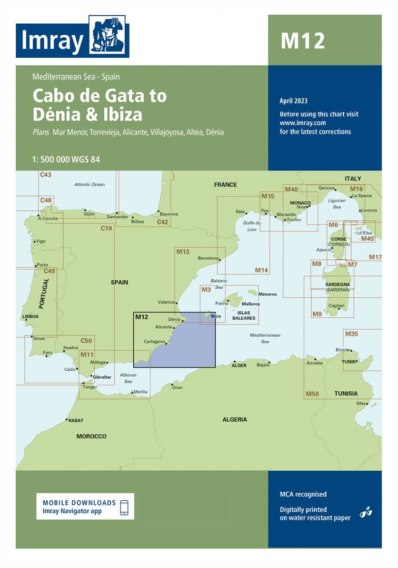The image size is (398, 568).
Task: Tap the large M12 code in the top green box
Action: (302, 40)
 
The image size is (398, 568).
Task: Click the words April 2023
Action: (294, 101)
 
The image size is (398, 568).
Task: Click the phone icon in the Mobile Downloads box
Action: (125, 507)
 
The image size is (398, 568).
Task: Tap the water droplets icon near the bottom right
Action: (366, 511)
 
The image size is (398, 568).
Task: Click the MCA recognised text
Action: (303, 494)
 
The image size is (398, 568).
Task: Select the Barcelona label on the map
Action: (208, 258)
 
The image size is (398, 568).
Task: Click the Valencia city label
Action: (166, 302)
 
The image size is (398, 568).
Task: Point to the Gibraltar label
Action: (102, 378)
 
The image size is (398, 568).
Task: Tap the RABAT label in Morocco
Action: (75, 421)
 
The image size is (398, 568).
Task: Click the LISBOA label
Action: (31, 317)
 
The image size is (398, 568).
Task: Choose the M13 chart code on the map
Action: (183, 252)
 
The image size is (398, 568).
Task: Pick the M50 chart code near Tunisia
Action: (312, 394)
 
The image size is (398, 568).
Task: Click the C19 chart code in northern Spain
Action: (106, 228)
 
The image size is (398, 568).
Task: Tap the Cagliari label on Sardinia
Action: (336, 306)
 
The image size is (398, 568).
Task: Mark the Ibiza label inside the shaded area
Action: (216, 316)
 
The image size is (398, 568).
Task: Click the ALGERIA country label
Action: (234, 419)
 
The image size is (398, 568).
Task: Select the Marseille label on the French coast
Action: (286, 215)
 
